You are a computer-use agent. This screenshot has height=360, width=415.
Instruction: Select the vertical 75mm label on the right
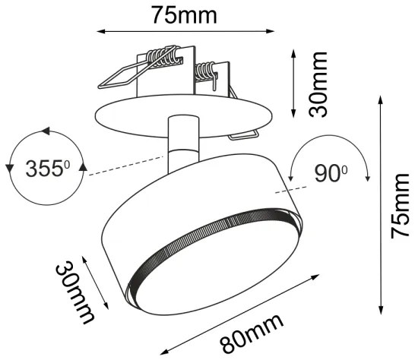coord(400,206)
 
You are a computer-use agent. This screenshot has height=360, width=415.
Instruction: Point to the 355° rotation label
coord(43,168)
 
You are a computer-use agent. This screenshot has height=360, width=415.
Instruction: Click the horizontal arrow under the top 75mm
coord(185,31)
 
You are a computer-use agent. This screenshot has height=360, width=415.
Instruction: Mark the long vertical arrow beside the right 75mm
coord(379,205)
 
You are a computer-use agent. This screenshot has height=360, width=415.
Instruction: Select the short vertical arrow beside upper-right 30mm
coord(295,83)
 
